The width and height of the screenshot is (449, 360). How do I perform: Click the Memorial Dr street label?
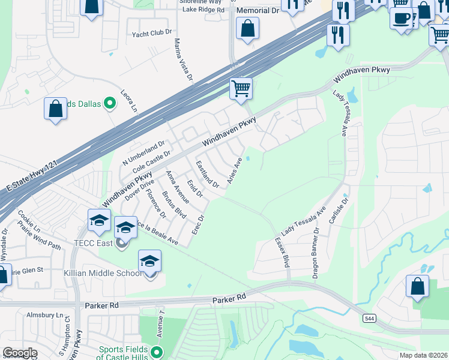(258, 11)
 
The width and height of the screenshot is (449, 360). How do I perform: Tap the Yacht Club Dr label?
(152, 34)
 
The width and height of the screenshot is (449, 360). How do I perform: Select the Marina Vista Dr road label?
(182, 59)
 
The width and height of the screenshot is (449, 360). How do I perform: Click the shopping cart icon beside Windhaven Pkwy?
(241, 89)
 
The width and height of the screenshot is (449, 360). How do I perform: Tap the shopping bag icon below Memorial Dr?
(247, 28)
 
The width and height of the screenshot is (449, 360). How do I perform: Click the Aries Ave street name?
(234, 171)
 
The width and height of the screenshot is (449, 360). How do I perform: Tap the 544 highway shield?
(369, 319)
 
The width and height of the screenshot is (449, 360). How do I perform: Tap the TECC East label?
(97, 243)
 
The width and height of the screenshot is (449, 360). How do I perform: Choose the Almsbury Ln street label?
(44, 314)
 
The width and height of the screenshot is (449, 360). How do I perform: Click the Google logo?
(20, 353)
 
